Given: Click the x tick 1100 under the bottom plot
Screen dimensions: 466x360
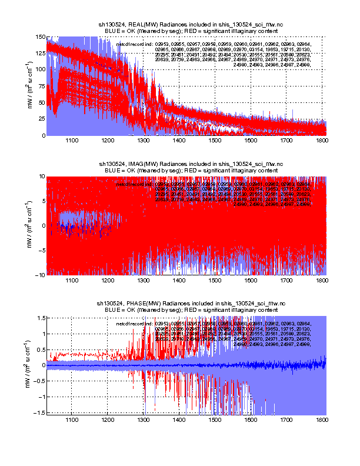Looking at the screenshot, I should tap(72, 420).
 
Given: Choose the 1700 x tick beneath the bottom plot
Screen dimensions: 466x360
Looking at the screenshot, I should tap(286, 420).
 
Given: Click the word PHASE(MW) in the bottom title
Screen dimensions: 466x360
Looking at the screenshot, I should tap(142, 303).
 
